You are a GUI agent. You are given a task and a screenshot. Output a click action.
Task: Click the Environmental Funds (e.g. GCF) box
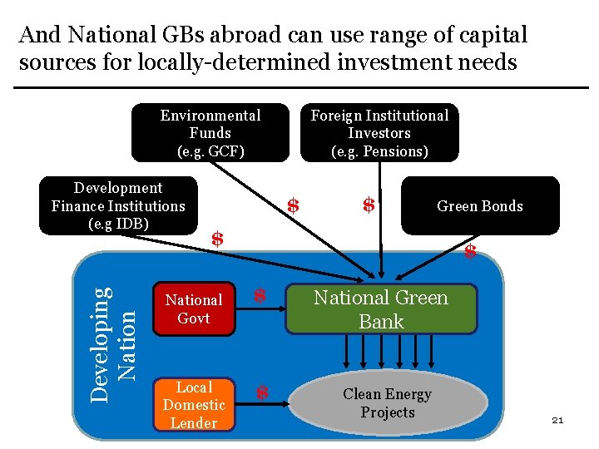(x=210, y=132)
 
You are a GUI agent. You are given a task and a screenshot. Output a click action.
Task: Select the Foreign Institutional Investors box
(x=379, y=132)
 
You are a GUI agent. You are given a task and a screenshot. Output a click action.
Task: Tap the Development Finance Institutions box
(x=118, y=205)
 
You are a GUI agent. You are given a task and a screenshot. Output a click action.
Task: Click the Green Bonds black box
(x=480, y=205)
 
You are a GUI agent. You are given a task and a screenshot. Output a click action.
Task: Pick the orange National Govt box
(x=194, y=308)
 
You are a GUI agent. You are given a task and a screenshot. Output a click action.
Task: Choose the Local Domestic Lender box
(x=194, y=405)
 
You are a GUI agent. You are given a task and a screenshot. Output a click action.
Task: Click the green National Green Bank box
(x=381, y=309)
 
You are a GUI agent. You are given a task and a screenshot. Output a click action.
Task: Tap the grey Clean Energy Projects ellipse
(x=387, y=403)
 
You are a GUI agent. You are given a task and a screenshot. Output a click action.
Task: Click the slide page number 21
(x=557, y=421)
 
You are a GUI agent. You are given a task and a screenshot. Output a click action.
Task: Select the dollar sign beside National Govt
(x=260, y=295)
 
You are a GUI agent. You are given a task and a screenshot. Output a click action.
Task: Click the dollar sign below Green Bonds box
(x=470, y=252)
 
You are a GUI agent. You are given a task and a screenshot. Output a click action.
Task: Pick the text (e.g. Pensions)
(x=379, y=151)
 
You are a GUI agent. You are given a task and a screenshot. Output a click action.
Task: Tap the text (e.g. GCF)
(x=210, y=151)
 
